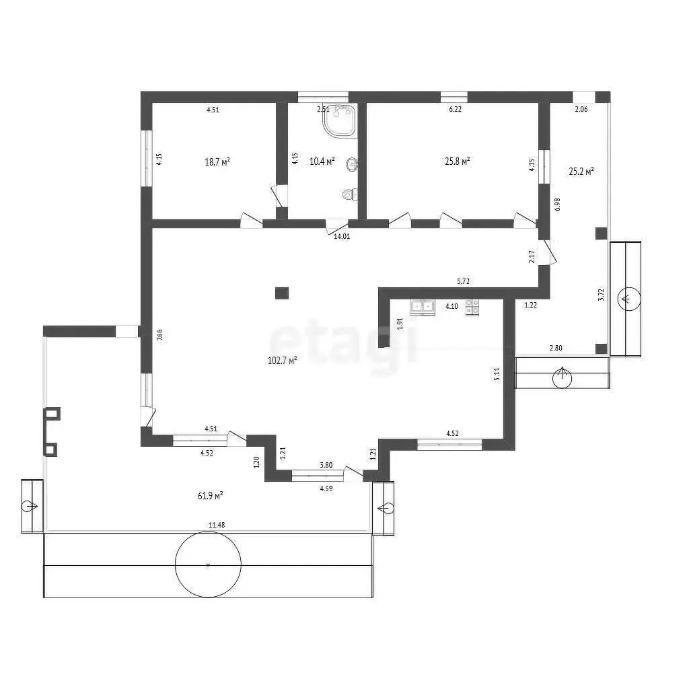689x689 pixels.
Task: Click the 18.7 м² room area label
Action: coord(217,162)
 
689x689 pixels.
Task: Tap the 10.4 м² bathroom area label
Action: coord(322,161)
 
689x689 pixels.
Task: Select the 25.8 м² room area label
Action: coord(458,161)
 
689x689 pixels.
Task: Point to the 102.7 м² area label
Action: coord(282,361)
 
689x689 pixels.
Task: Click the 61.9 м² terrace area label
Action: coord(211,496)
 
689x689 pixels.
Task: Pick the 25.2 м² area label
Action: coord(581,172)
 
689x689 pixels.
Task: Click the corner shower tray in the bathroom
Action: coord(340,120)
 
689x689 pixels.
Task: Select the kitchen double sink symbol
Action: coord(423,307)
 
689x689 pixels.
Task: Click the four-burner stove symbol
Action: coord(472,307)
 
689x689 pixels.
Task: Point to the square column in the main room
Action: coord(282,293)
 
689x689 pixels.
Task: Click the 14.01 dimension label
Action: coord(342,236)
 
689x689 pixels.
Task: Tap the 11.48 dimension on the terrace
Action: coord(217,525)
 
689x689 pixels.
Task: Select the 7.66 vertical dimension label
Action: coord(159,335)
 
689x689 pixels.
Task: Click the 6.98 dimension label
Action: coord(558,205)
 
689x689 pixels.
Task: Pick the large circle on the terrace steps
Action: coord(209,565)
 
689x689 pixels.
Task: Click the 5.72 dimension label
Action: coord(463,282)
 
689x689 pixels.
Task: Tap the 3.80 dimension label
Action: coord(326,466)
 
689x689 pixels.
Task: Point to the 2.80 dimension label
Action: coord(556,348)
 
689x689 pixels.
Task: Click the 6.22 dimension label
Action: coord(456,110)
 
